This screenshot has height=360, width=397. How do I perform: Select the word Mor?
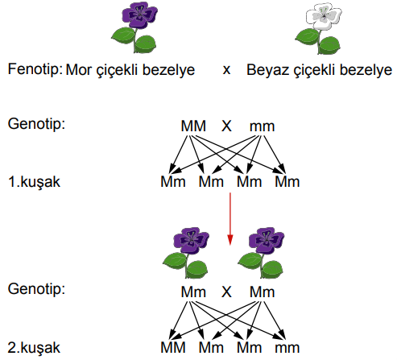[79, 70]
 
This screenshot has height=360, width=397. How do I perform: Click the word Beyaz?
[268, 70]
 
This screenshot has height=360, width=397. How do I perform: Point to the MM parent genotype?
[193, 126]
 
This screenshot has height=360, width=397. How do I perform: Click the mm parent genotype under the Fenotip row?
[262, 126]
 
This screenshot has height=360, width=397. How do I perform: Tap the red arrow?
[230, 219]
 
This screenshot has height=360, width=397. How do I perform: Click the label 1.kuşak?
[34, 182]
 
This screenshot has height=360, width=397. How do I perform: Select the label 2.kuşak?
[34, 348]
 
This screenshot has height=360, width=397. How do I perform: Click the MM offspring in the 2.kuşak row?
[173, 348]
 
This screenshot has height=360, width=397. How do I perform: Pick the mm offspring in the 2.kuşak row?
[287, 349]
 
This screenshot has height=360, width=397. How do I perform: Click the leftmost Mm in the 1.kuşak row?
[173, 182]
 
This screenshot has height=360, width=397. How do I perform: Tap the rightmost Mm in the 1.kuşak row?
[287, 182]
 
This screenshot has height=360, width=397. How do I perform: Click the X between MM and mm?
[226, 126]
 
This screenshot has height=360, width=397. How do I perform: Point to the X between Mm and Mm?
[226, 292]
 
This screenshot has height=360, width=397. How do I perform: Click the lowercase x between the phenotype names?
[226, 71]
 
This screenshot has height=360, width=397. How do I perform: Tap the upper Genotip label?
[36, 124]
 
